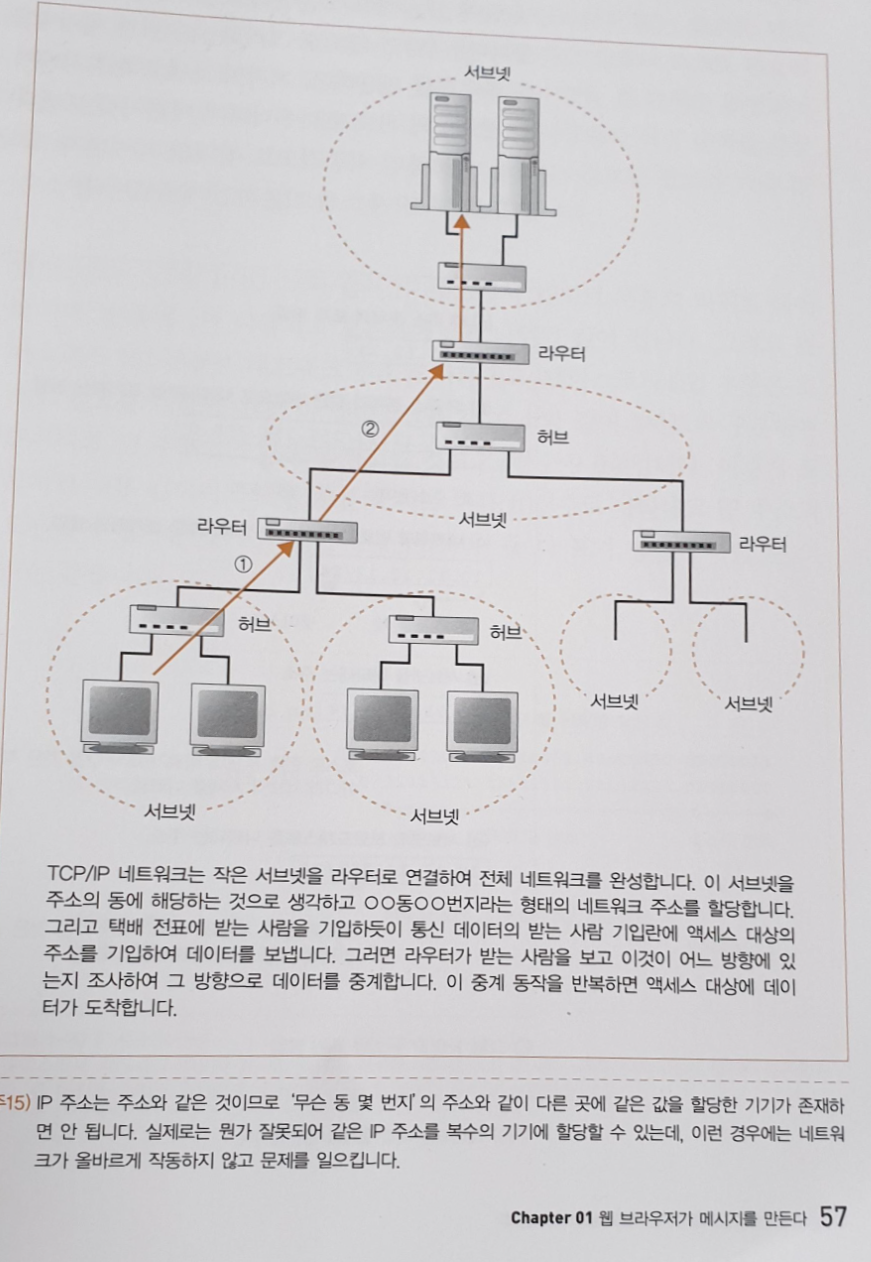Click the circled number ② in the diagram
pyautogui.click(x=370, y=431)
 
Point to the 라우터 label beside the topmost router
pyautogui.click(x=561, y=354)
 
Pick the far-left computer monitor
pyautogui.click(x=121, y=714)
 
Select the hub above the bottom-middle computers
pyautogui.click(x=434, y=630)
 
